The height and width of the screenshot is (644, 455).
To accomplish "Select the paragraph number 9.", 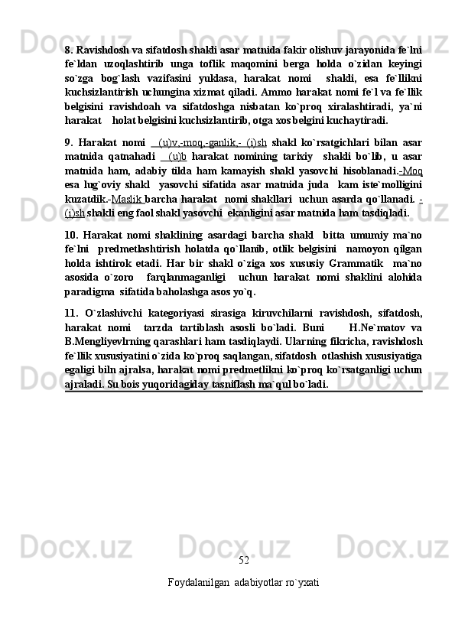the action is coord(69,142).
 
